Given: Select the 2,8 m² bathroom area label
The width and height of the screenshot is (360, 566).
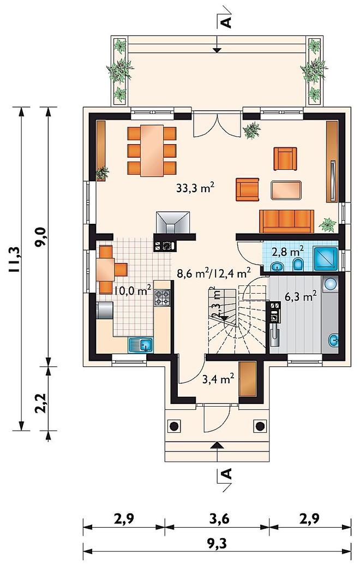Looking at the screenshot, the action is [287, 251].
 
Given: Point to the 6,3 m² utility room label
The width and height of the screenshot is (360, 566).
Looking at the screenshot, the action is [301, 297].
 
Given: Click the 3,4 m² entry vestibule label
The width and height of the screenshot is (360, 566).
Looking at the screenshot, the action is [218, 379].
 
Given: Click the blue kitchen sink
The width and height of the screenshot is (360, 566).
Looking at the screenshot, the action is [141, 345].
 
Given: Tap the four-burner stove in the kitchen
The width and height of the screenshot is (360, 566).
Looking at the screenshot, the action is [162, 298].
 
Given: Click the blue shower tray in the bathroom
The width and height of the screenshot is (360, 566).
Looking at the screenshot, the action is [326, 259].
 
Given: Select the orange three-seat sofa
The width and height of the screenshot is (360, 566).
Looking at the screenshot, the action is [287, 221].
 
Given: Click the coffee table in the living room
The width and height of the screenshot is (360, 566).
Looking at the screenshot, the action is [286, 190].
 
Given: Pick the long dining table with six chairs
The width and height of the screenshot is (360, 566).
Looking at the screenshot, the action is [152, 150].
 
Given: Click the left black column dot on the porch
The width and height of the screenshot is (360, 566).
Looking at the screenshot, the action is [174, 426].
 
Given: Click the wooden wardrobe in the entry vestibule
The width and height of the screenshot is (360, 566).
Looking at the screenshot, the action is [248, 379].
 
